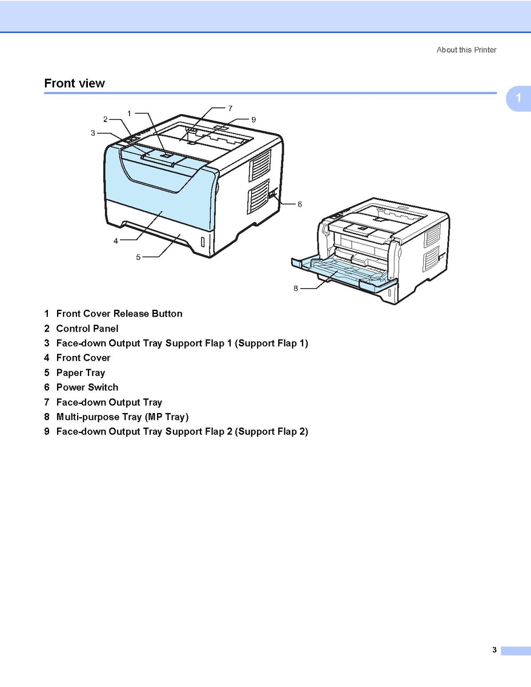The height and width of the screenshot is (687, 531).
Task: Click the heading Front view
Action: (74, 83)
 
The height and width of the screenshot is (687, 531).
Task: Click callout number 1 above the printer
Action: (129, 113)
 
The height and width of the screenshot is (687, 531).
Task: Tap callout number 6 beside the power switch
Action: (300, 204)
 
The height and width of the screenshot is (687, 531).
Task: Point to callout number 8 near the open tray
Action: (296, 288)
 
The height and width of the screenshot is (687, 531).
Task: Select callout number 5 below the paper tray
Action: (138, 257)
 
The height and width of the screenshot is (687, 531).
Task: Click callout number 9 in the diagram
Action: (254, 119)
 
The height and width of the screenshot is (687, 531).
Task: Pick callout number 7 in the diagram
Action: (230, 107)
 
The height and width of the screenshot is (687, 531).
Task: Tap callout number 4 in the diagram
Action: (115, 241)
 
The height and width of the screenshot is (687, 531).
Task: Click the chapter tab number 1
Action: (518, 98)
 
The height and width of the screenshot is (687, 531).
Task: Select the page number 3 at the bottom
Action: (494, 649)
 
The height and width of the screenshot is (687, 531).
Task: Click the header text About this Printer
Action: (466, 50)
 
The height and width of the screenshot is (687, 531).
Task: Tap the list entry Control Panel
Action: (87, 329)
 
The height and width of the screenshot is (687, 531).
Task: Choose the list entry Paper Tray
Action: (81, 373)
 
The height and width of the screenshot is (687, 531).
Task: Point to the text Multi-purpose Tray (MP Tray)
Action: (122, 417)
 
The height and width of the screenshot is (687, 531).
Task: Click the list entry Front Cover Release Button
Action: (119, 314)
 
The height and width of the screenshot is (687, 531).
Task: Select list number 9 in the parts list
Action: (47, 432)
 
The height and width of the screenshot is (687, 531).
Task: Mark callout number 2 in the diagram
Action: (105, 119)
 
